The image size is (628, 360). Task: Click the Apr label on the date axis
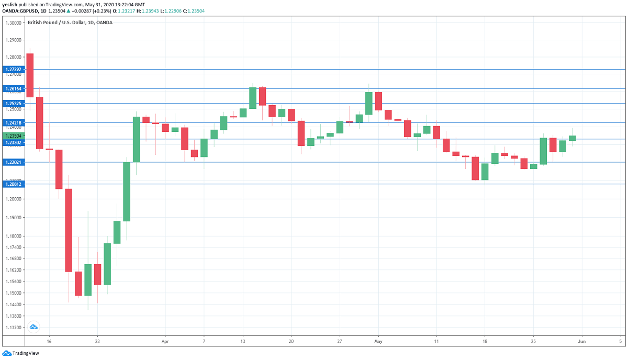165,341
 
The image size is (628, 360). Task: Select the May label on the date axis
379,341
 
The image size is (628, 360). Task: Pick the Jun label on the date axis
581,341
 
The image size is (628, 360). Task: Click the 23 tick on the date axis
97,341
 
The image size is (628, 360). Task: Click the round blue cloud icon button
33,327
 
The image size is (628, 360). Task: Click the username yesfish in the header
11,4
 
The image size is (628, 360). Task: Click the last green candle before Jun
572,138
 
